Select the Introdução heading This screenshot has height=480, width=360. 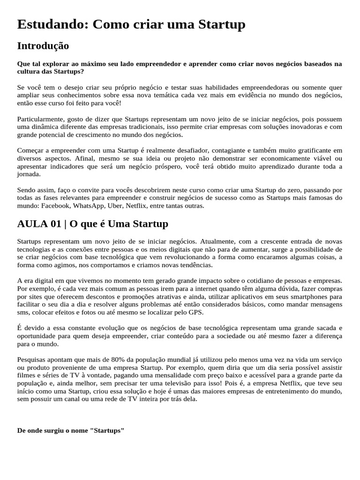tap(43, 46)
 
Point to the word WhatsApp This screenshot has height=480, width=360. tap(88, 205)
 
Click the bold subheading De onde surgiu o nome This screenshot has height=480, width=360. tap(70, 430)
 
